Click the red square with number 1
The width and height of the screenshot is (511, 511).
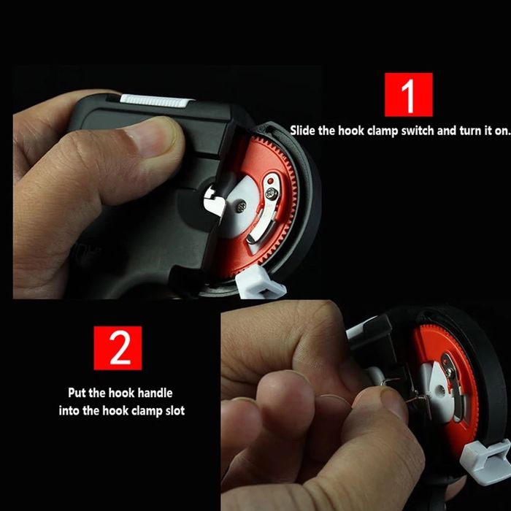tap(408, 94)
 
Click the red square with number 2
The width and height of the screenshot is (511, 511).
tap(118, 347)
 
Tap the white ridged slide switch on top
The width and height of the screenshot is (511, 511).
tap(155, 101)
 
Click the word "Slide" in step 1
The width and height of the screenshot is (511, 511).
tap(303, 131)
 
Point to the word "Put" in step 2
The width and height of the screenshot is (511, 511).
tap(77, 393)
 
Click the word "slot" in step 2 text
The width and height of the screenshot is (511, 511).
tap(175, 410)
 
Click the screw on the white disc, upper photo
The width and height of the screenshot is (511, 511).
tap(242, 207)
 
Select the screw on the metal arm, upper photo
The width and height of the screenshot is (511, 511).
tap(272, 193)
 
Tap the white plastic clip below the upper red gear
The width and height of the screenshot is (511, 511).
tap(260, 283)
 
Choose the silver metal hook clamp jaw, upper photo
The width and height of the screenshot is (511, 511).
tap(213, 203)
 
